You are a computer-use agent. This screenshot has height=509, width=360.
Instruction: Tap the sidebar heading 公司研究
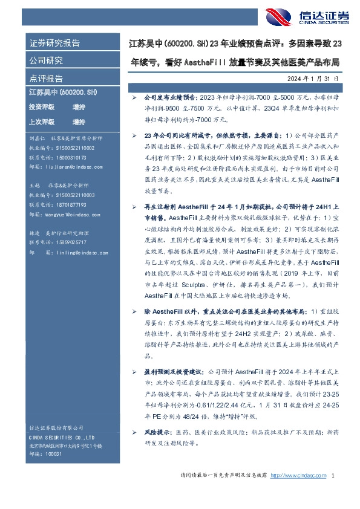click(x=46, y=61)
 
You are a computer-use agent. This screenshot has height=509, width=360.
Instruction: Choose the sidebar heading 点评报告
click(x=46, y=79)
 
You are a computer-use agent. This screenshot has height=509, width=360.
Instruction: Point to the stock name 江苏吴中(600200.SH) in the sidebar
click(x=63, y=92)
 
